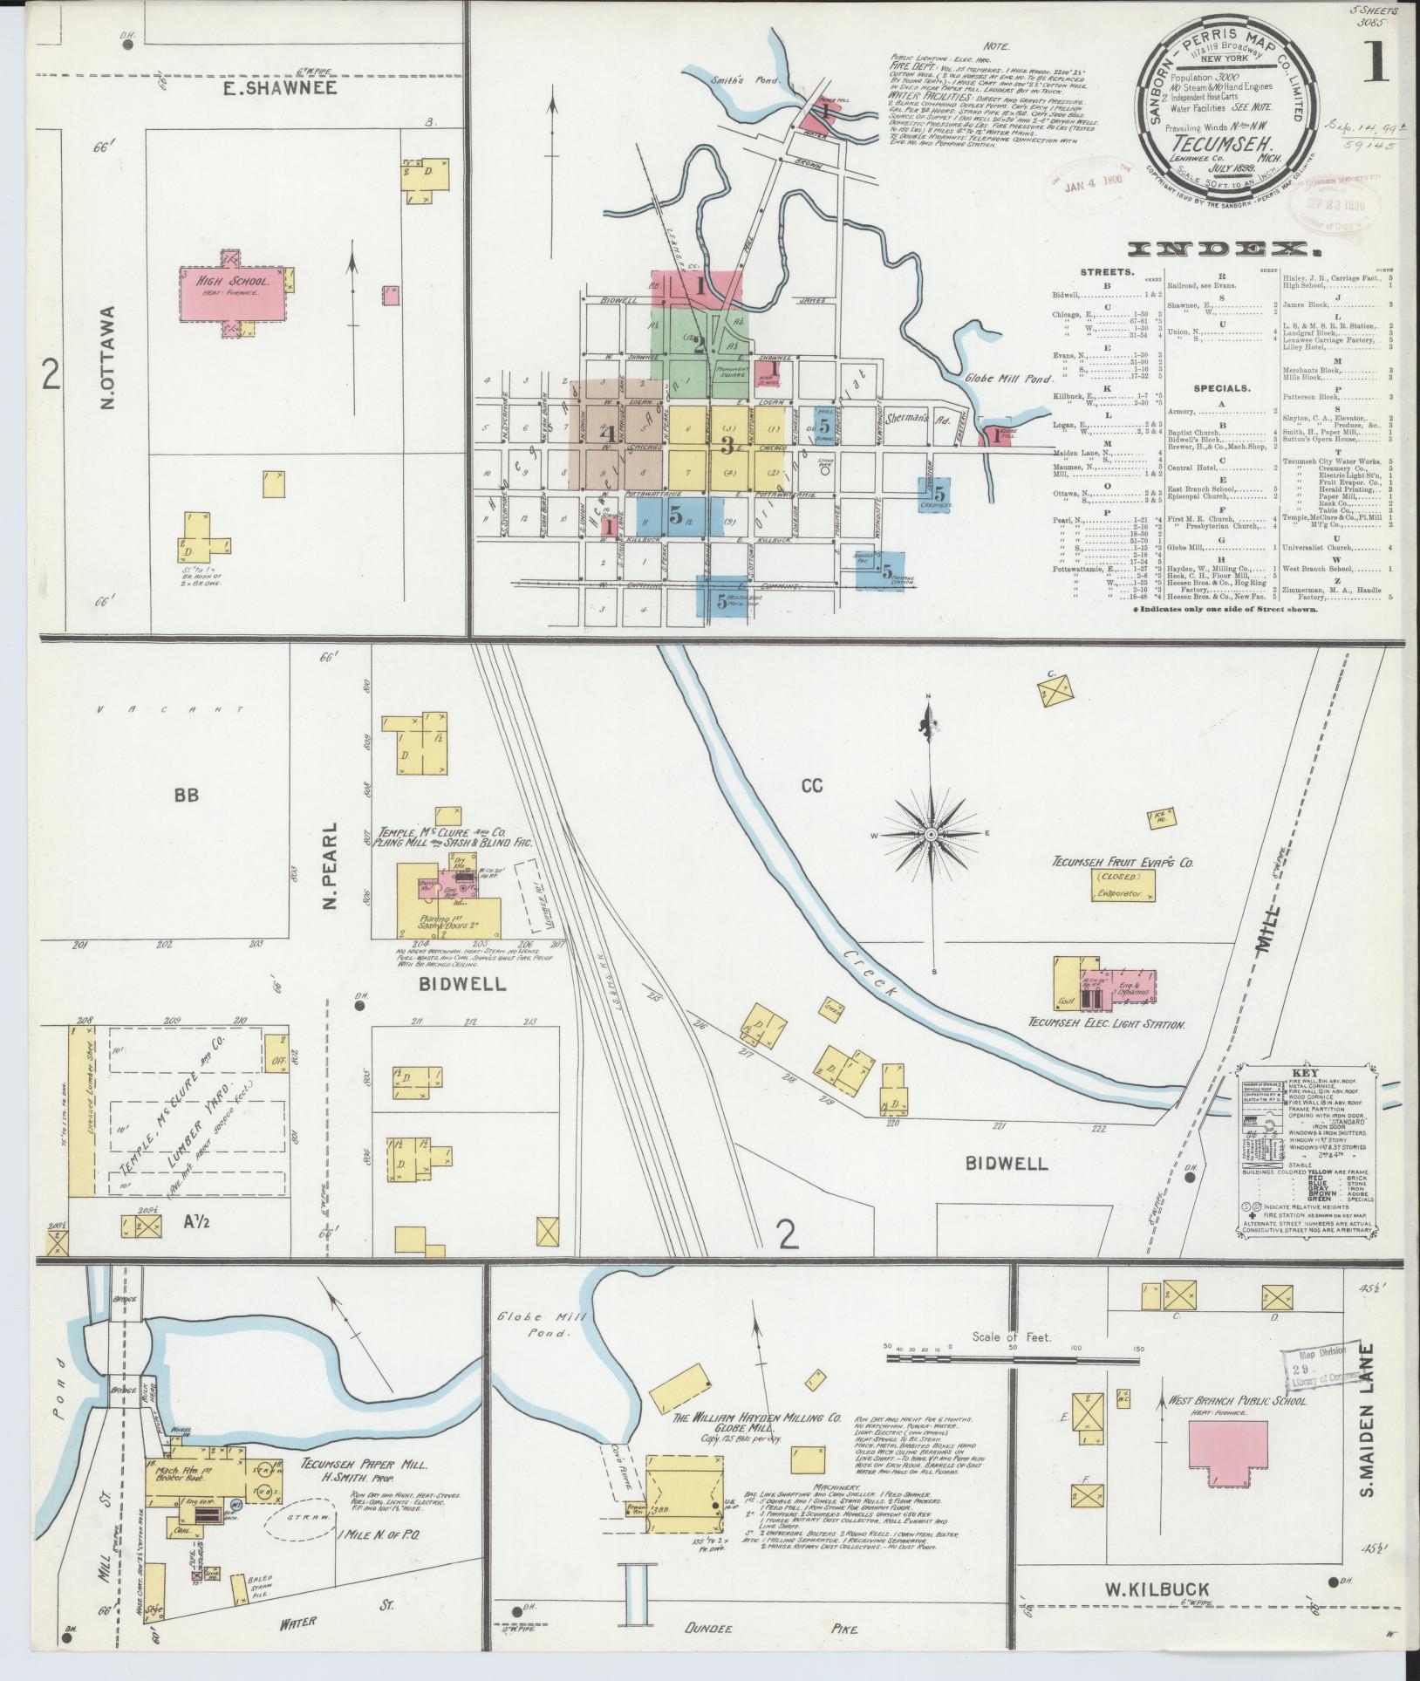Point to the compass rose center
coord(931,835)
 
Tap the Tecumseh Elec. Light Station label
coord(1106,1024)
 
